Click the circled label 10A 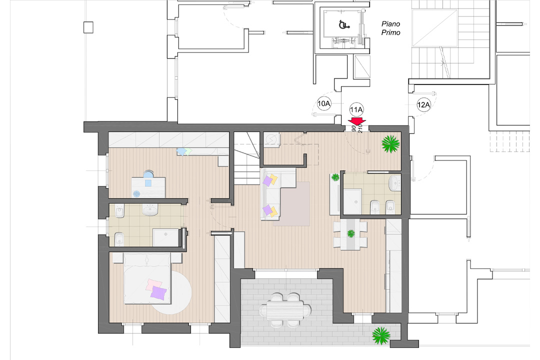point(324,104)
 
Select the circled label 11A point(356,109)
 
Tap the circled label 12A point(423,104)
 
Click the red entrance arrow point(356,121)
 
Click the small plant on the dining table point(351,233)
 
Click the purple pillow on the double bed point(158,292)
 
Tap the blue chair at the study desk point(148,175)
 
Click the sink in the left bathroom point(150,209)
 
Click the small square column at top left point(89,26)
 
